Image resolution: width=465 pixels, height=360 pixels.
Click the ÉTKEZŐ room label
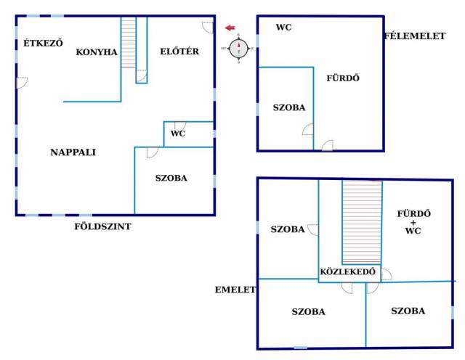pyautogui.click(x=43, y=44)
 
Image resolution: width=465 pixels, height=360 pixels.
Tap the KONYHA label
pyautogui.click(x=97, y=52)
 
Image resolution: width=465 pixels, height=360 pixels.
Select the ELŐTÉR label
pyautogui.click(x=179, y=52)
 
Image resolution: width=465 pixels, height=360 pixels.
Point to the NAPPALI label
pyautogui.click(x=73, y=152)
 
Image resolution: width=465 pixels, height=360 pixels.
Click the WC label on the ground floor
pyautogui.click(x=178, y=134)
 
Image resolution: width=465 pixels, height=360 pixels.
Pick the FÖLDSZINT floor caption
pyautogui.click(x=102, y=226)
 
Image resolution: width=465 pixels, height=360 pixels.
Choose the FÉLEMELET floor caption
pyautogui.click(x=415, y=36)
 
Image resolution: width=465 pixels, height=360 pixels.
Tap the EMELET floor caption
pyautogui.click(x=235, y=290)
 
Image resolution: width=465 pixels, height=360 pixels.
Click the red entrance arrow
pyautogui.click(x=230, y=28)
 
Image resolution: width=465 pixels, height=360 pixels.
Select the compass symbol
pyautogui.click(x=239, y=49)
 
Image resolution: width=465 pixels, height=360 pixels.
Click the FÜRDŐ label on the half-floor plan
pyautogui.click(x=343, y=78)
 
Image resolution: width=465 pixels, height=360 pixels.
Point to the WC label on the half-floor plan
pyautogui.click(x=283, y=28)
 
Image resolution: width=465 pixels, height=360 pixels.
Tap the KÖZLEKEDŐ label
pyautogui.click(x=348, y=273)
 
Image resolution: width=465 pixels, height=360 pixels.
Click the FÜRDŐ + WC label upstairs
pyautogui.click(x=414, y=222)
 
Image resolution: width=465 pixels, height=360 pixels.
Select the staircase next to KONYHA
pyautogui.click(x=129, y=44)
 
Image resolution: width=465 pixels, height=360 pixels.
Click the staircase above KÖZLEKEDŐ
pyautogui.click(x=362, y=221)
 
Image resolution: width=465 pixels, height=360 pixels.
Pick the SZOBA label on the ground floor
pyautogui.click(x=171, y=178)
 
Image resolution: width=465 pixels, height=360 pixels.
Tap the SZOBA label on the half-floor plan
pyautogui.click(x=289, y=107)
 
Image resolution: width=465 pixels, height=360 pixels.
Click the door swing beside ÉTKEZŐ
pyautogui.click(x=23, y=82)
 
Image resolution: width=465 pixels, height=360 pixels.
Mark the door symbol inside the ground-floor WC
pyautogui.click(x=179, y=126)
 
